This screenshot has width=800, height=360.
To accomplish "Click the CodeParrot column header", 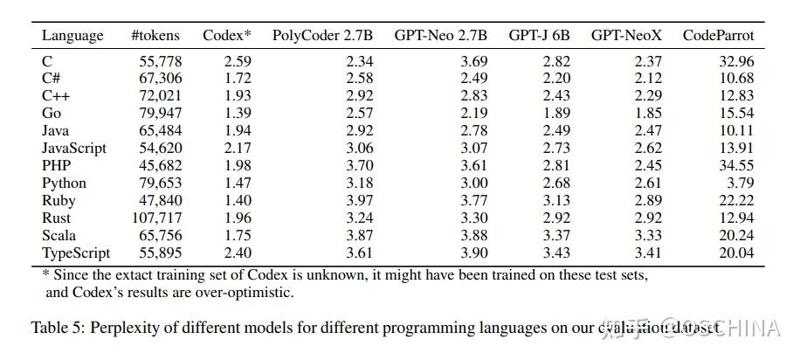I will pyautogui.click(x=718, y=36).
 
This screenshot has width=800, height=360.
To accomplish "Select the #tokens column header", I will pyautogui.click(x=155, y=36).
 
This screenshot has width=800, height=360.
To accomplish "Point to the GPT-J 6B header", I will pyautogui.click(x=539, y=36).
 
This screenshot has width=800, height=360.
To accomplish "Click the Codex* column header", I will pyautogui.click(x=226, y=36).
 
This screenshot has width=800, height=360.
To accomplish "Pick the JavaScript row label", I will pyautogui.click(x=73, y=149).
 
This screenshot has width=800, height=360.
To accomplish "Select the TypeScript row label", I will pyautogui.click(x=76, y=253).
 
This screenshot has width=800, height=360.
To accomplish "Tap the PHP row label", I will pyautogui.click(x=57, y=166).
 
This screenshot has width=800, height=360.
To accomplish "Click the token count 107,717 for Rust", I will pyautogui.click(x=156, y=218).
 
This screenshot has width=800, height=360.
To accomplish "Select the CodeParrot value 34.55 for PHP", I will pyautogui.click(x=734, y=166).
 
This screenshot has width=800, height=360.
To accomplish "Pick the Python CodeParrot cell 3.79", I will pyautogui.click(x=739, y=183).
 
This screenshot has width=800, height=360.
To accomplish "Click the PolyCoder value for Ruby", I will pyautogui.click(x=358, y=201).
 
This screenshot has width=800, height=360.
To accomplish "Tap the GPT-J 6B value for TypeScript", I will pyautogui.click(x=555, y=253).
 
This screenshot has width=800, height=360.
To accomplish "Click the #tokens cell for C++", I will pyautogui.click(x=160, y=96).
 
